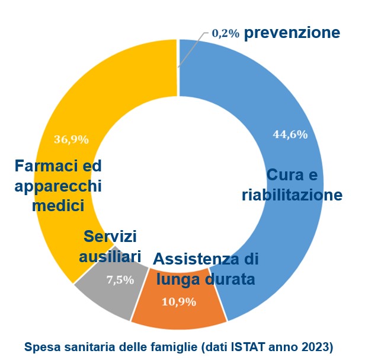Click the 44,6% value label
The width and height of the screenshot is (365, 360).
(x=290, y=135)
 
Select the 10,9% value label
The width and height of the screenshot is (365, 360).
(x=179, y=302)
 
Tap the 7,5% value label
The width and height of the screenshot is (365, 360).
(x=120, y=281)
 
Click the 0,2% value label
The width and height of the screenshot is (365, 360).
(x=225, y=34)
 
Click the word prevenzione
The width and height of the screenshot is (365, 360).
(x=292, y=33)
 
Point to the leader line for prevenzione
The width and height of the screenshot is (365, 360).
(x=191, y=47)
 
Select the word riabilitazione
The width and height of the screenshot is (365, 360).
(x=292, y=195)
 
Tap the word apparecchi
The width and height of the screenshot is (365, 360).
(x=58, y=186)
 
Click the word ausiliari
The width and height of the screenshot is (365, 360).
(x=110, y=256)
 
